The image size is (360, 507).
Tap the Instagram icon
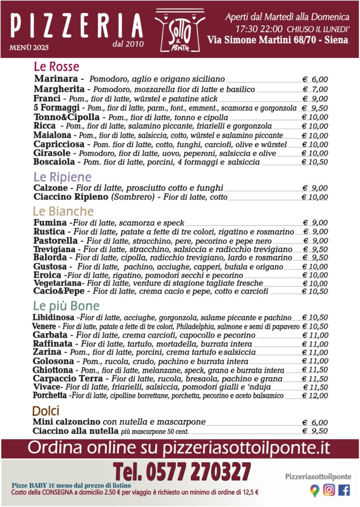(x=329, y=490)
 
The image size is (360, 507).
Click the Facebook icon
(x=344, y=490)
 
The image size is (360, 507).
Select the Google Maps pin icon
(x=314, y=490)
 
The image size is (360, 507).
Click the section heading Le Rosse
(x=56, y=66)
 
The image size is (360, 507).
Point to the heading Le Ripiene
(x=62, y=177)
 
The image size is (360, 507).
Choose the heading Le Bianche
(x=63, y=211)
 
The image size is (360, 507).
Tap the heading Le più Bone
(x=66, y=305)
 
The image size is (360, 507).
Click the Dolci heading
(x=46, y=410)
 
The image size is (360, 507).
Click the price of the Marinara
(x=315, y=80)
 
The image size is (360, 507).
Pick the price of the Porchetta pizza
(x=315, y=396)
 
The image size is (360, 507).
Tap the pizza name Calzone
(x=51, y=188)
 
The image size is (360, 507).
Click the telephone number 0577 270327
(x=181, y=471)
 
